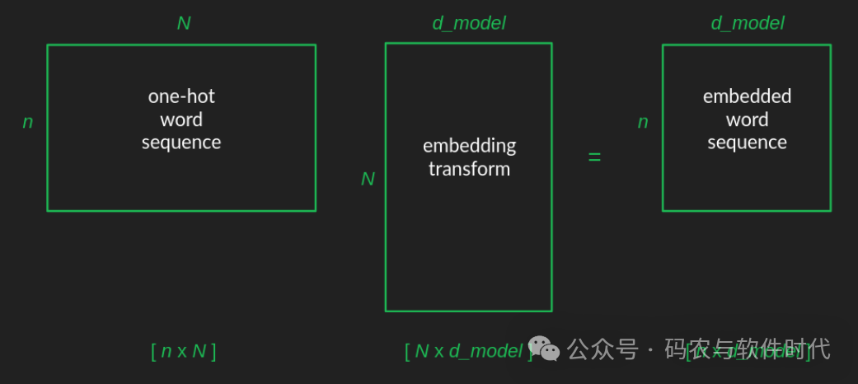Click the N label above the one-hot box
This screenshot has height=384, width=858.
tap(184, 23)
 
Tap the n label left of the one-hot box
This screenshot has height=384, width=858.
tap(28, 122)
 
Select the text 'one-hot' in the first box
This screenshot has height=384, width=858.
tap(181, 96)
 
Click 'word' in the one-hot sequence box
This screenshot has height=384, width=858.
tap(181, 119)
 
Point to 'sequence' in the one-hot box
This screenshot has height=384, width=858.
tap(181, 143)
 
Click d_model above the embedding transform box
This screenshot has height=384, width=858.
tap(469, 23)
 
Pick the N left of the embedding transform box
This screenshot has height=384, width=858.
tap(368, 179)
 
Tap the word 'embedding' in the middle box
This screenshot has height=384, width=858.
tap(469, 146)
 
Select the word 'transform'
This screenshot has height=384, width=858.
tap(469, 169)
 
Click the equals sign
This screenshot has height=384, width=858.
tap(594, 157)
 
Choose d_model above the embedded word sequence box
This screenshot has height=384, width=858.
tap(748, 23)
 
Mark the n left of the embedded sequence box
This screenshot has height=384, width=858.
tap(643, 122)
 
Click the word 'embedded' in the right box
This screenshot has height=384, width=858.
tap(747, 96)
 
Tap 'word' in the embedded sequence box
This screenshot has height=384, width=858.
tap(747, 119)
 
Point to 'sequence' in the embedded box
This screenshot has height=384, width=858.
tap(747, 143)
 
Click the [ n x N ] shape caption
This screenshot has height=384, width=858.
tap(184, 351)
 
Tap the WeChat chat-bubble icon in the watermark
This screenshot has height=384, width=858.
tap(545, 349)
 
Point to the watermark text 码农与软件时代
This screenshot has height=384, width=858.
tap(747, 349)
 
